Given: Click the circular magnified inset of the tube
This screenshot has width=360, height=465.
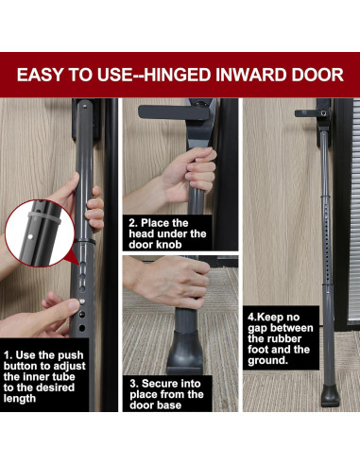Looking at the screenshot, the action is point(40,232).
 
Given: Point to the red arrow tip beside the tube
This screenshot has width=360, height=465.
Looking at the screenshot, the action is point(78,265).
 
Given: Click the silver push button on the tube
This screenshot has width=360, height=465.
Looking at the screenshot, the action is point(82,301).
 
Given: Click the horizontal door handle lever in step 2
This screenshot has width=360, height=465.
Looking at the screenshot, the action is point(174,112).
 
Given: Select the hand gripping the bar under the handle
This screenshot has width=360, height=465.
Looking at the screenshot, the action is point(189,173).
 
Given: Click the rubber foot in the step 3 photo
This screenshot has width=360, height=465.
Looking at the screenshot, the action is point(185,352).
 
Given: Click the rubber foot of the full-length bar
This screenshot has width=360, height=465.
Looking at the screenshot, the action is point(331,395).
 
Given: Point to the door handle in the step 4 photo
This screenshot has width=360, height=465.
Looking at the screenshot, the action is point(313,113).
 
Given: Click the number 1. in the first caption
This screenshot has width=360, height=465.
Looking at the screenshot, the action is point(8,355).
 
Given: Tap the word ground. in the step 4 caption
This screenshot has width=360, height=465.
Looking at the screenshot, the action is point(267,360).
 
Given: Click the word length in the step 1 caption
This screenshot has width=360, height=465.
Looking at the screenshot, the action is point(20,399).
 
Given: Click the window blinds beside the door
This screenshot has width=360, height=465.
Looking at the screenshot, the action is point(353,211).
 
